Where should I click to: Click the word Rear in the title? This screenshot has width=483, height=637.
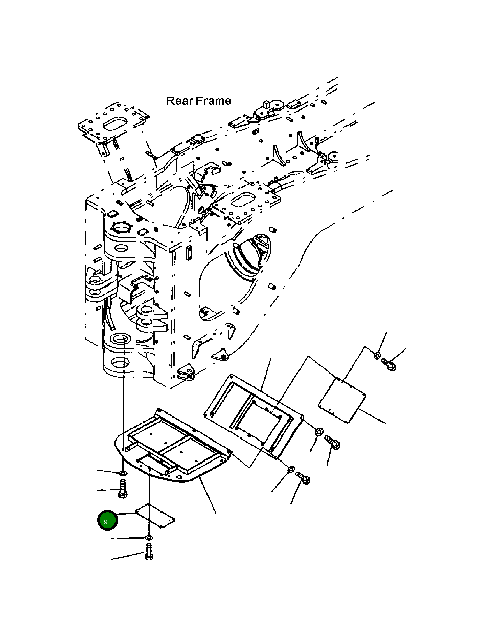tap(180, 101)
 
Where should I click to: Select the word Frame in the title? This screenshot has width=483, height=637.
tap(213, 101)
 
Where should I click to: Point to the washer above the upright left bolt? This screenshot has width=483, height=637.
tap(123, 474)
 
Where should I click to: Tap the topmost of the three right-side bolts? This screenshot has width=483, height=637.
tap(389, 364)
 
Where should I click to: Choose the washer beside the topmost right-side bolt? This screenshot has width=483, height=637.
tap(377, 355)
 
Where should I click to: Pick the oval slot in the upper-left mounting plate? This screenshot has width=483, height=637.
tap(115, 124)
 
